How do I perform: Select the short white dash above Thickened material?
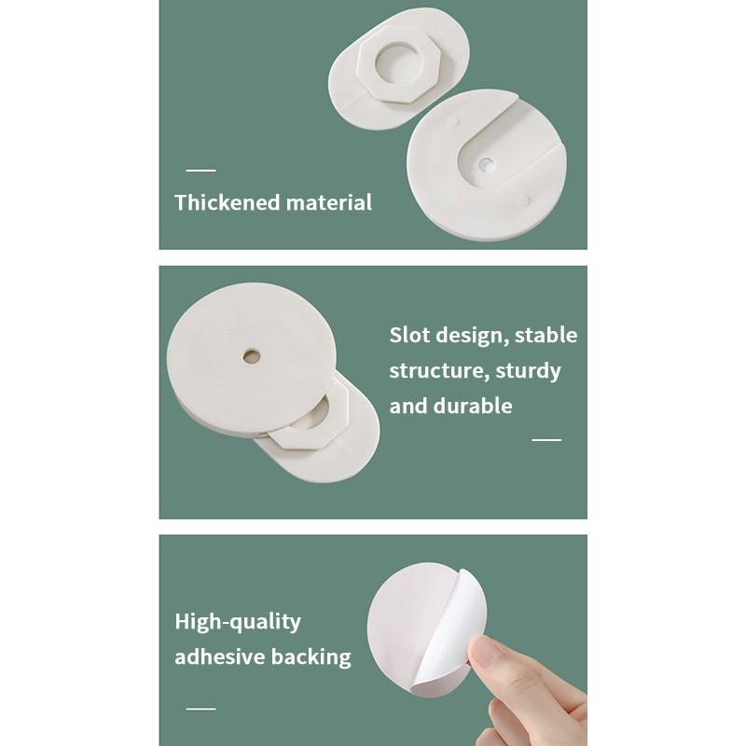[200, 171]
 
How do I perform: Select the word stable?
[546, 335]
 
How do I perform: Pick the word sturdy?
[529, 371]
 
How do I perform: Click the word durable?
[478, 406]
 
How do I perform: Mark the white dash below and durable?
[546, 439]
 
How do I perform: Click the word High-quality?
[238, 622]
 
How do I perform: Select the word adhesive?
[220, 656]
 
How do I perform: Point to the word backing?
[311, 656]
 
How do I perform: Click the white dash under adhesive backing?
[200, 709]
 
